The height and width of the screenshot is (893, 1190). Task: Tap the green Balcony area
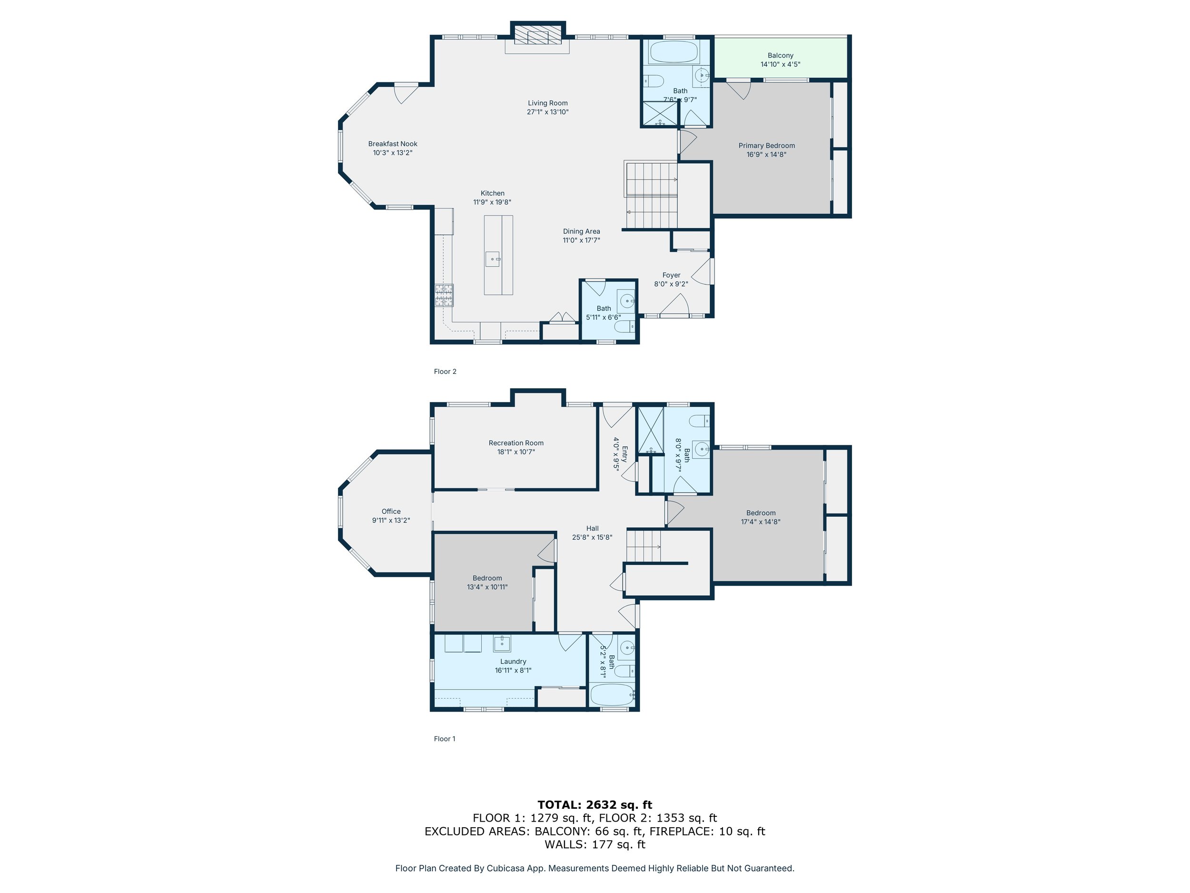tap(780, 58)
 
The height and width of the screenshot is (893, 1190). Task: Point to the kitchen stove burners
tap(444, 295)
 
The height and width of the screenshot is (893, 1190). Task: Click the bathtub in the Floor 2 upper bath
tap(674, 53)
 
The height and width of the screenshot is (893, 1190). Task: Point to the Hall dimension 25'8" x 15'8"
tap(592, 537)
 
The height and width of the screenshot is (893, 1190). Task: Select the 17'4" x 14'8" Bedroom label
tap(761, 517)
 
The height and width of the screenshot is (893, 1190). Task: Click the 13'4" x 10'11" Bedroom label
tap(487, 582)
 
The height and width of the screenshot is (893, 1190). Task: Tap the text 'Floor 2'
tap(445, 371)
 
